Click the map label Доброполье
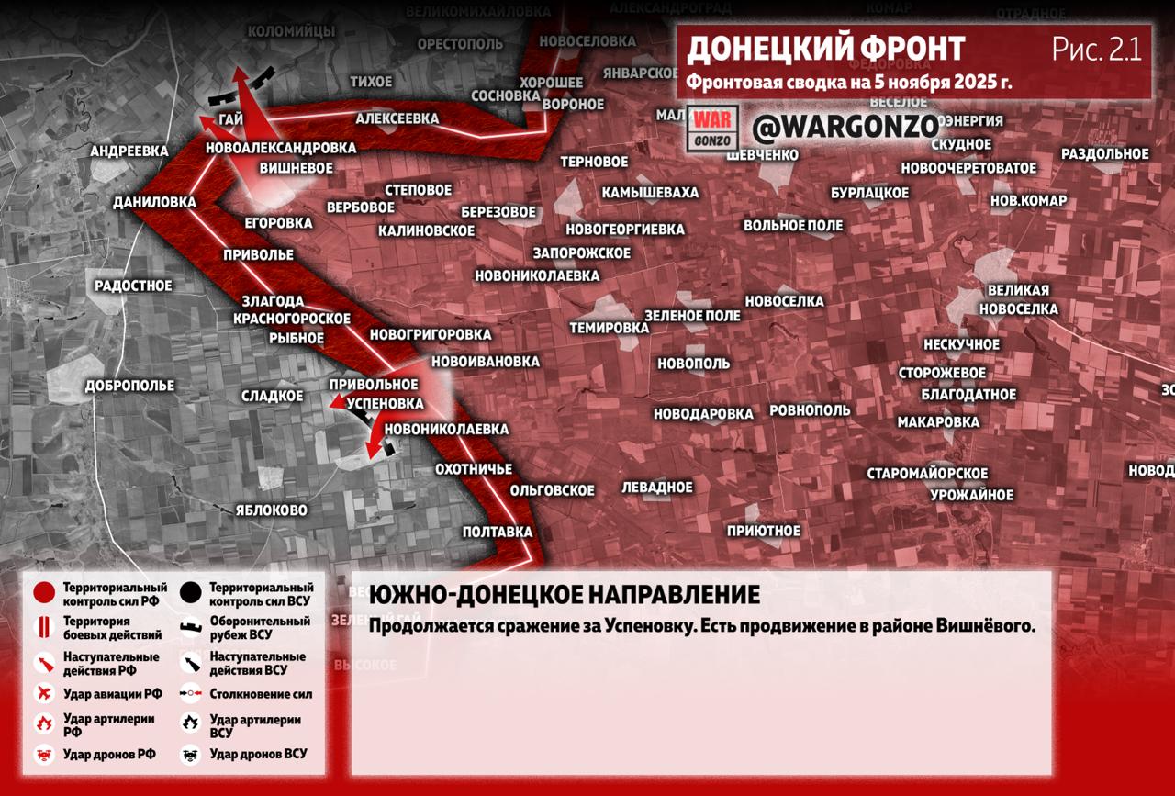[129, 386]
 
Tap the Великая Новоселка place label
[1019, 300]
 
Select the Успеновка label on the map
[388, 403]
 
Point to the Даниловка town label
[154, 202]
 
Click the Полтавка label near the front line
[498, 532]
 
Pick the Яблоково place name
[271, 510]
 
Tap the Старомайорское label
[927, 474]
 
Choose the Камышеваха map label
[650, 193]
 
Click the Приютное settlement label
[764, 531]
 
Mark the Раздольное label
[1105, 154]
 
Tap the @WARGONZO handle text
[845, 127]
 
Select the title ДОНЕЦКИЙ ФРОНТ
[826, 50]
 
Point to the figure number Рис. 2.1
[1097, 50]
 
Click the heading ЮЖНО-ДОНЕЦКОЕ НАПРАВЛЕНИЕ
[564, 595]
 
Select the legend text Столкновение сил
[261, 694]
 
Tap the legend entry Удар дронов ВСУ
[258, 754]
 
